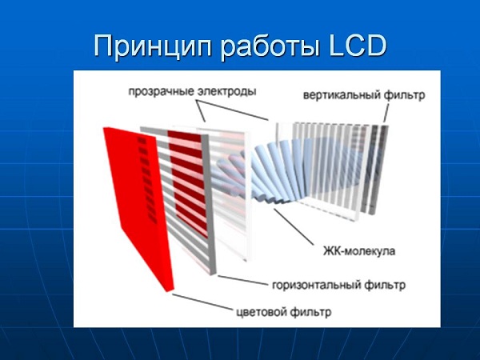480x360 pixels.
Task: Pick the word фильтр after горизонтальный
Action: (382, 284)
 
